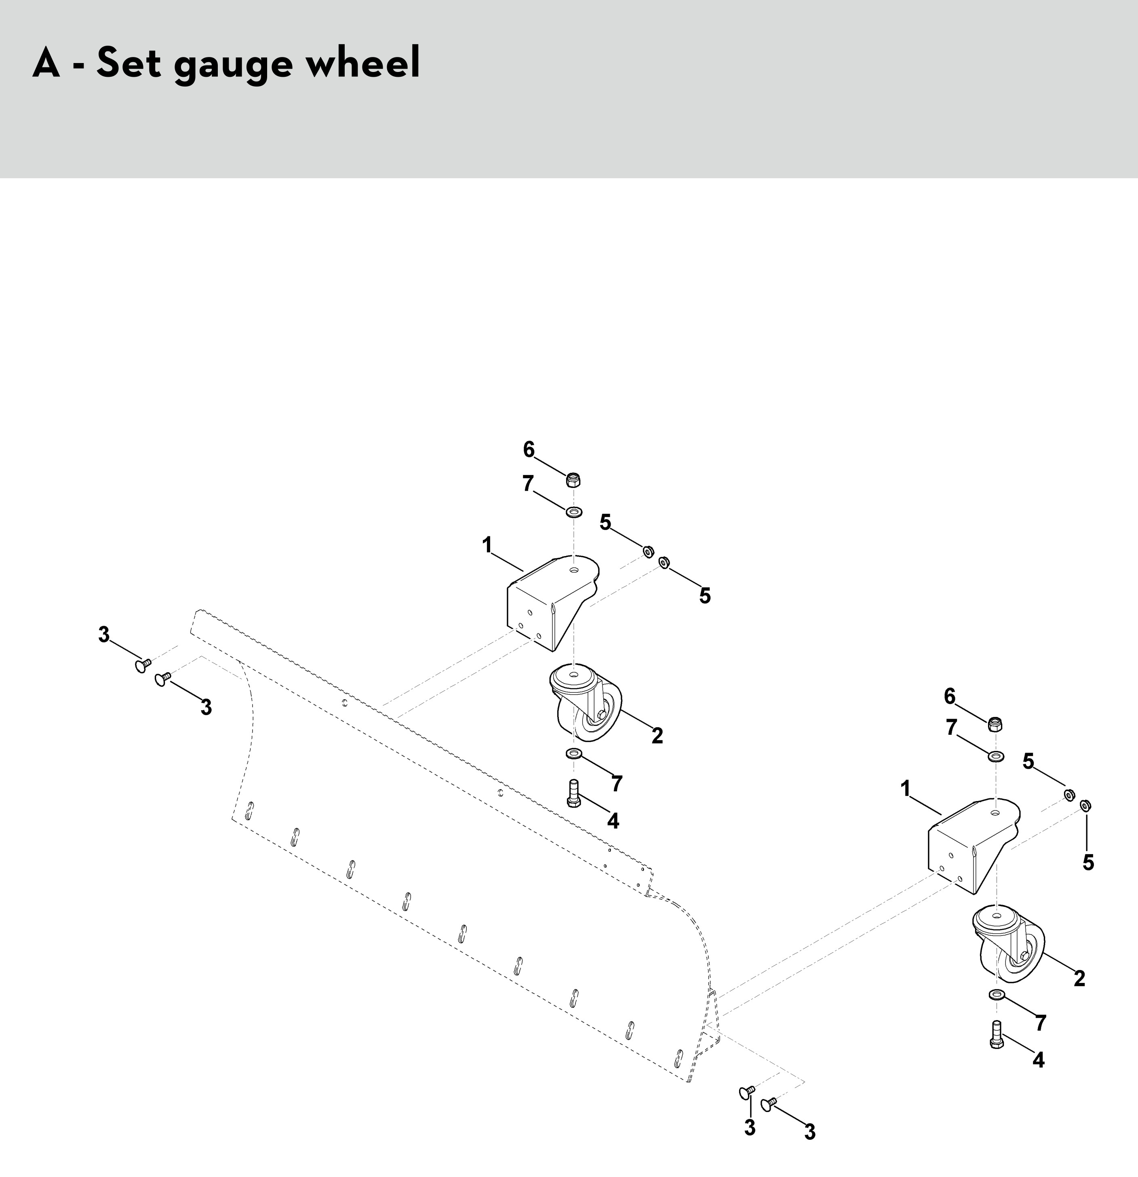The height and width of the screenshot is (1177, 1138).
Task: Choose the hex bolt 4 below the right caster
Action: pos(996,1035)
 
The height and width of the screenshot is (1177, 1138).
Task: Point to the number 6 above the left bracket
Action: pos(529,449)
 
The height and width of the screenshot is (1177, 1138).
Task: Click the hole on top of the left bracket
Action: pos(575,569)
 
